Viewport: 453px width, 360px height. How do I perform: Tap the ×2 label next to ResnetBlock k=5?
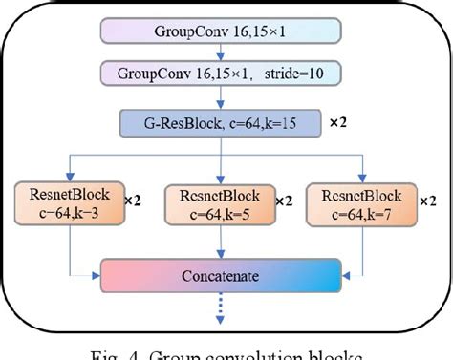284,201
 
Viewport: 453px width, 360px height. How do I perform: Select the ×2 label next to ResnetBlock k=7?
427,201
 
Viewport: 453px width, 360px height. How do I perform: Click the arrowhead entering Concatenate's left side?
95,277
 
